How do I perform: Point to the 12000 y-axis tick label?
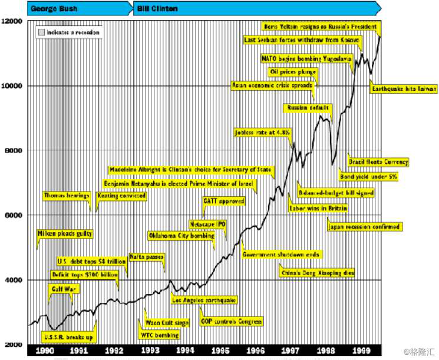[12, 21]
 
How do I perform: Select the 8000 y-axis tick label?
[12, 150]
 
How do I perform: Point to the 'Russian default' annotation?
[308, 108]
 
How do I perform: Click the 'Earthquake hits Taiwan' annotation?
[404, 89]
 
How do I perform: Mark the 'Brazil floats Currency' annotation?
[378, 161]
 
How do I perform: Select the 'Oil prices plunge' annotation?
[293, 72]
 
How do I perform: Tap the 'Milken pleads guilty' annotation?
[65, 234]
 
